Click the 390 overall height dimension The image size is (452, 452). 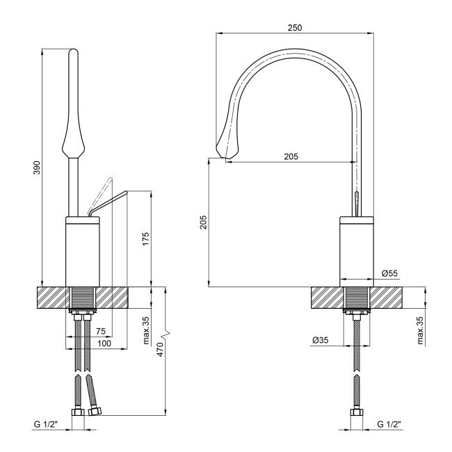[x=37, y=168]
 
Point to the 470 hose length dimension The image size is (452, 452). [x=160, y=351]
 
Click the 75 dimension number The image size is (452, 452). [x=101, y=332]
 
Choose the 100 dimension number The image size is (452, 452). [x=104, y=343]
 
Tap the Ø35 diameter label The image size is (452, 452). [x=321, y=340]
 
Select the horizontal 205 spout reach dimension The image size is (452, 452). [x=291, y=156]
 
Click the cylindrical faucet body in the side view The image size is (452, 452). [x=357, y=250]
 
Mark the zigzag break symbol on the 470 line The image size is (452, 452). [x=165, y=326]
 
